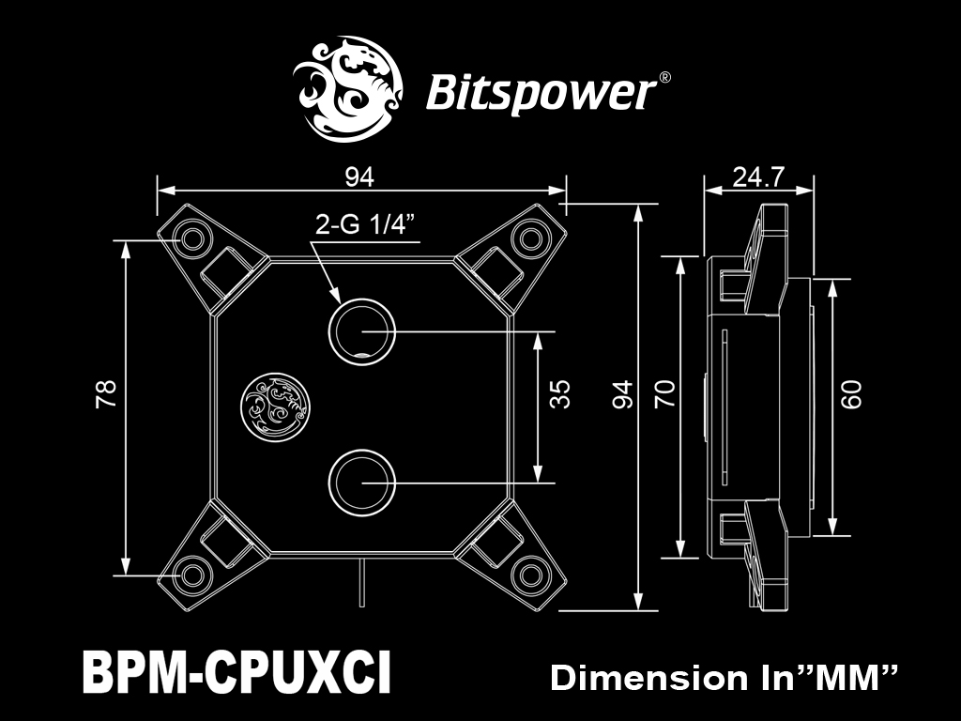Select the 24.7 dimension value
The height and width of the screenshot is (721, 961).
[758, 177]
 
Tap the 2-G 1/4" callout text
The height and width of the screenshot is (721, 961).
[361, 225]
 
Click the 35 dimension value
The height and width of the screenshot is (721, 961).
[559, 395]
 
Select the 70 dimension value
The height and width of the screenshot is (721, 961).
[664, 394]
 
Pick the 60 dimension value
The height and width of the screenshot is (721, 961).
[850, 395]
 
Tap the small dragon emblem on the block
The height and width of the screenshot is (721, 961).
[275, 406]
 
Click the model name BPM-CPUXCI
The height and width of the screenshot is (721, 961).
[236, 672]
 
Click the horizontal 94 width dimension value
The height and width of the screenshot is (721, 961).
[359, 177]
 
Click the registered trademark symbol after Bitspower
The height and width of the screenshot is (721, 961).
[664, 78]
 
